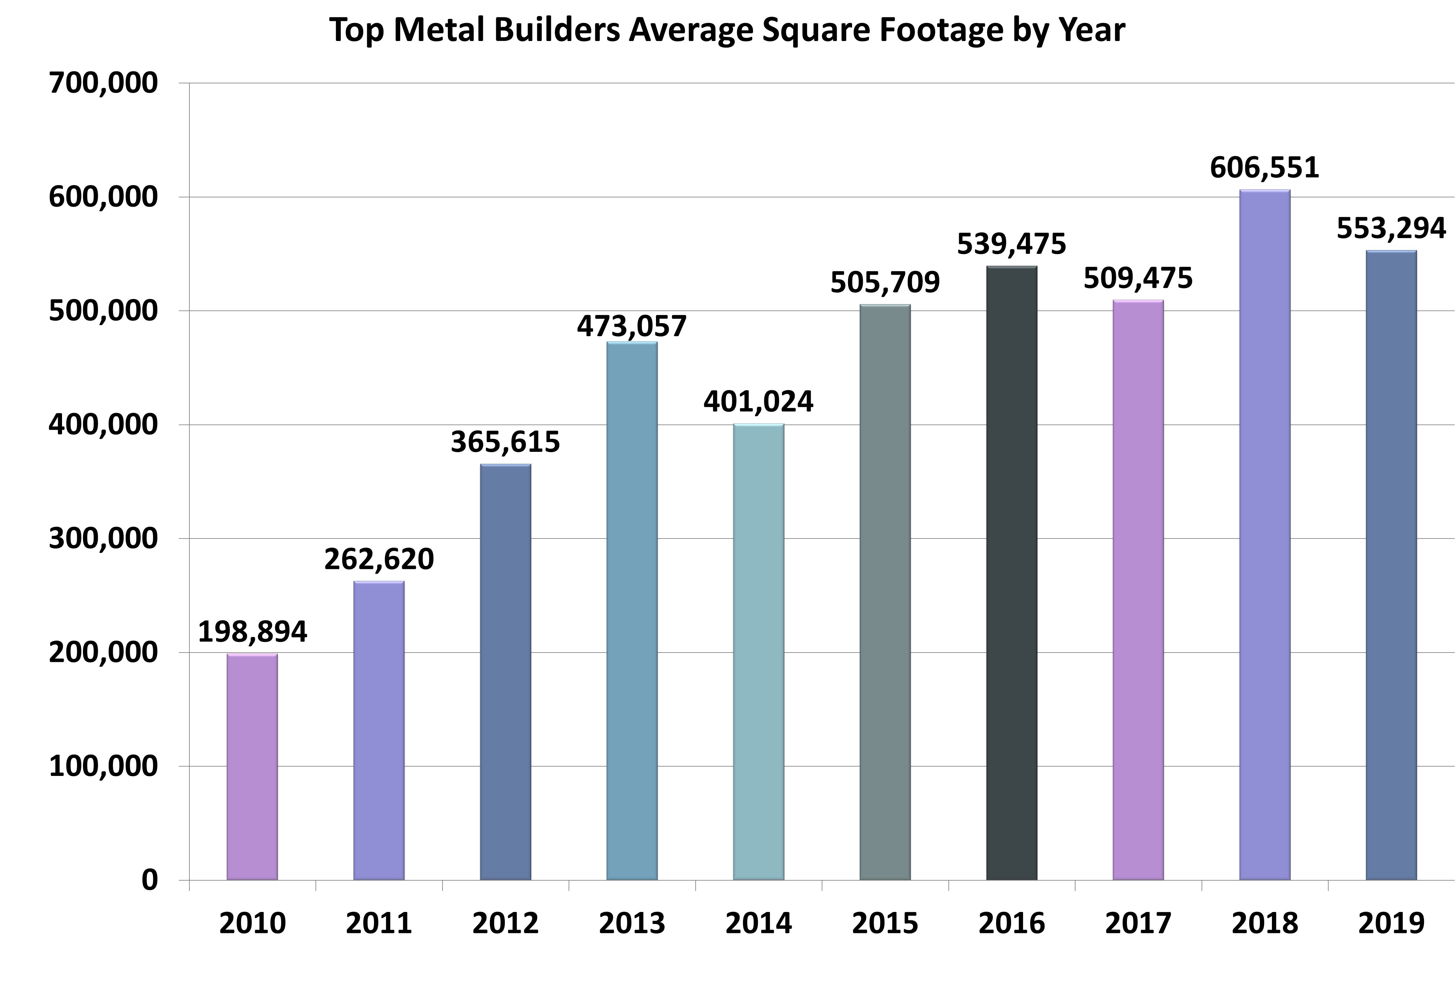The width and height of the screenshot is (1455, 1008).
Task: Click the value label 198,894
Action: click(252, 632)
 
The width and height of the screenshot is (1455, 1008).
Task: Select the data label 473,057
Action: click(632, 326)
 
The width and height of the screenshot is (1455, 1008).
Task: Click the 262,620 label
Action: click(379, 560)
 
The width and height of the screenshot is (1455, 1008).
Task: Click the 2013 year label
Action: click(632, 923)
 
